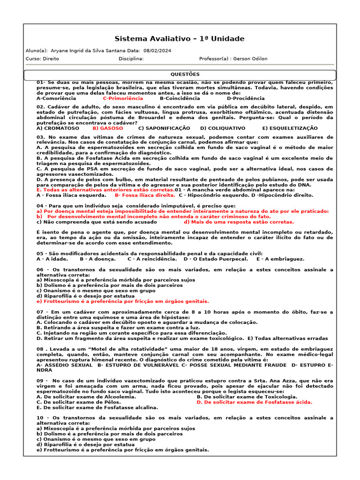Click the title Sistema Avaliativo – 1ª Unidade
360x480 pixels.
tap(180, 39)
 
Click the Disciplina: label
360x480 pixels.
tap(131, 59)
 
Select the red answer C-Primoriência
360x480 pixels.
tap(123, 98)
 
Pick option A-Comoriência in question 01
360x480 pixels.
tap(56, 98)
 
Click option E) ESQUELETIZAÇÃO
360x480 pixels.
tap(290, 128)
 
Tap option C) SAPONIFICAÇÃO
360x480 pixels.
tap(164, 128)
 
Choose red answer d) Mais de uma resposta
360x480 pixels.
tap(239, 222)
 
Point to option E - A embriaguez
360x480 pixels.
tap(280, 259)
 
